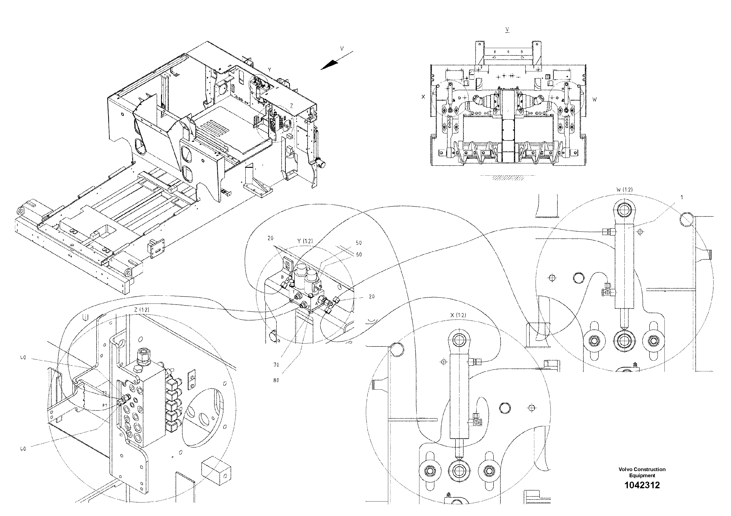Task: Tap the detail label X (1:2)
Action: click(458, 315)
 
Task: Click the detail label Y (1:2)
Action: click(305, 241)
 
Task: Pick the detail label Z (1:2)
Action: click(141, 310)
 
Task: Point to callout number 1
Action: click(681, 198)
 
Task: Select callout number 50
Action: click(359, 243)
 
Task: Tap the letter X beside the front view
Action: click(423, 97)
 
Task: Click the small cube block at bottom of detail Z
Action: click(216, 471)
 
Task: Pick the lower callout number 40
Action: click(23, 449)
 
